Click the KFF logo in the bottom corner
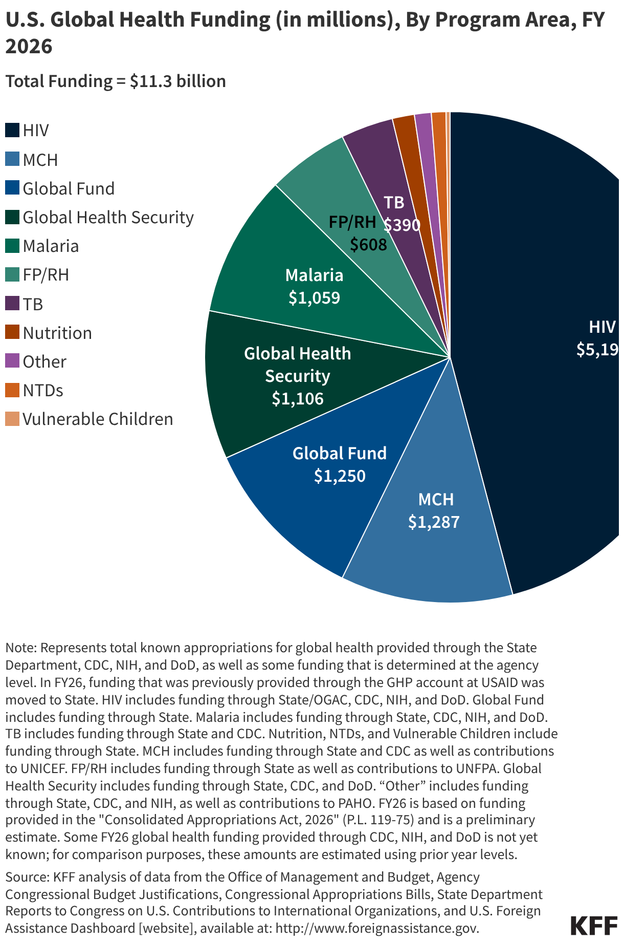tap(593, 926)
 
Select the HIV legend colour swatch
tap(12, 130)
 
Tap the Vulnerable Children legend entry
tap(97, 419)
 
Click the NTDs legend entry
tap(43, 391)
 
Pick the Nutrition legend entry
tap(57, 333)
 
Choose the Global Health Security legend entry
tap(108, 218)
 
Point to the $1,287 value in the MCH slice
tap(434, 522)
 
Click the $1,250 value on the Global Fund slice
tap(340, 476)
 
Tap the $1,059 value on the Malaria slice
tap(314, 298)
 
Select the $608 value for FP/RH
tap(368, 245)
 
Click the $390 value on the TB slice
tap(402, 225)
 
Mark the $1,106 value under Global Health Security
tap(298, 399)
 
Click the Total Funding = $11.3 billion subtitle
tap(116, 81)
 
